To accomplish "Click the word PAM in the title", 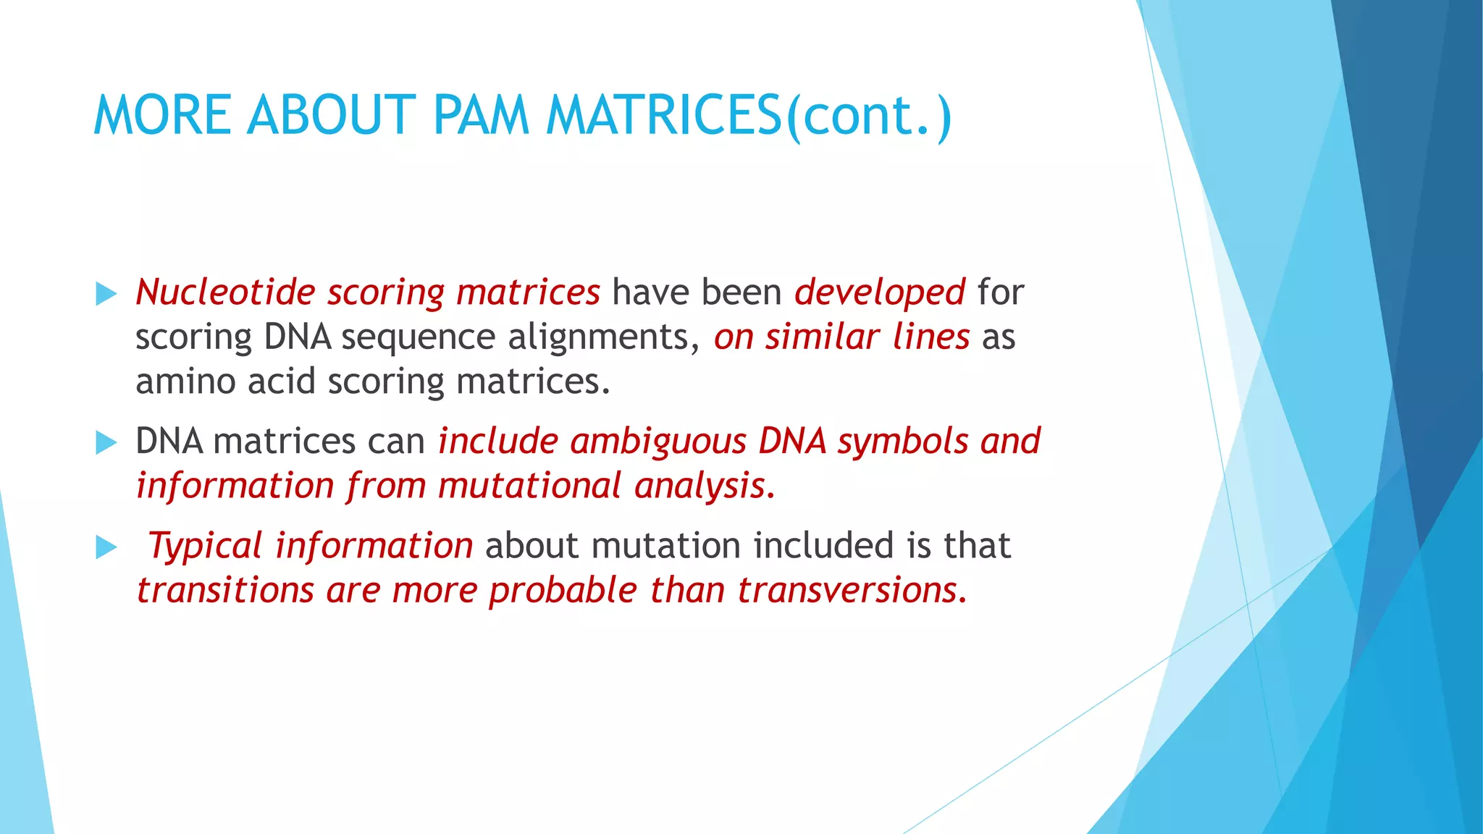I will click(481, 116).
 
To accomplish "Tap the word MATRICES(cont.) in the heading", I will click(749, 116).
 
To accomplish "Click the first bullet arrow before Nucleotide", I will click(106, 294).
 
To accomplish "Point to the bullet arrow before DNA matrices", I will click(106, 442).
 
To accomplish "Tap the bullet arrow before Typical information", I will click(106, 547).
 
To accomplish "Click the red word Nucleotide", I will click(225, 292).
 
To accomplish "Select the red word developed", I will click(879, 292).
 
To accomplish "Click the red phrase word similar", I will click(822, 337).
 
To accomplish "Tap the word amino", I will click(185, 382).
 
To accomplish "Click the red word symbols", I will click(902, 442).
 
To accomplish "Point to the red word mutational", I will click(529, 486).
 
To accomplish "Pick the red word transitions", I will click(224, 590).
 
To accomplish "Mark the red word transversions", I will click(852, 590).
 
